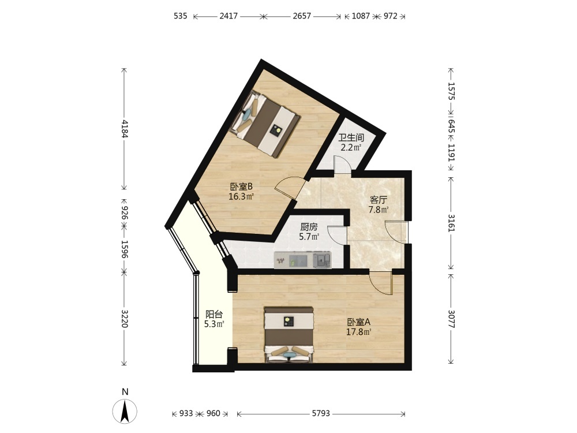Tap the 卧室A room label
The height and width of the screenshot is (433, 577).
tap(358, 322)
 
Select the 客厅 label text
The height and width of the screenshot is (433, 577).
tap(379, 200)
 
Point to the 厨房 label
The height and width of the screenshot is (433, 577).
tap(309, 227)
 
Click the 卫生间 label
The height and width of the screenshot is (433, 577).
tap(351, 138)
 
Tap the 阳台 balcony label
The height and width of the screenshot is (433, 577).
tap(214, 315)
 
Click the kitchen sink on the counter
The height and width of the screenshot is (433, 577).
tap(322, 260)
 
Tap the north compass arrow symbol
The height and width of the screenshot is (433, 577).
tap(125, 411)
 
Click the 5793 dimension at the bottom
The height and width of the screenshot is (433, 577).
tap(321, 413)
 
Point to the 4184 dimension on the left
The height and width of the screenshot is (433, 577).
tap(125, 129)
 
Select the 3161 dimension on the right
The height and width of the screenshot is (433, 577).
tap(451, 222)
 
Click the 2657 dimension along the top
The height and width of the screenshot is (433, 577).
tap(302, 16)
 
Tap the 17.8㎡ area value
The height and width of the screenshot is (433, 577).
tap(358, 332)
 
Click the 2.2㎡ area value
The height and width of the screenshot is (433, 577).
tap(351, 148)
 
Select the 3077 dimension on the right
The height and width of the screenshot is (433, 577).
tap(451, 319)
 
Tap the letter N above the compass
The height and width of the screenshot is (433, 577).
tap(125, 392)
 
